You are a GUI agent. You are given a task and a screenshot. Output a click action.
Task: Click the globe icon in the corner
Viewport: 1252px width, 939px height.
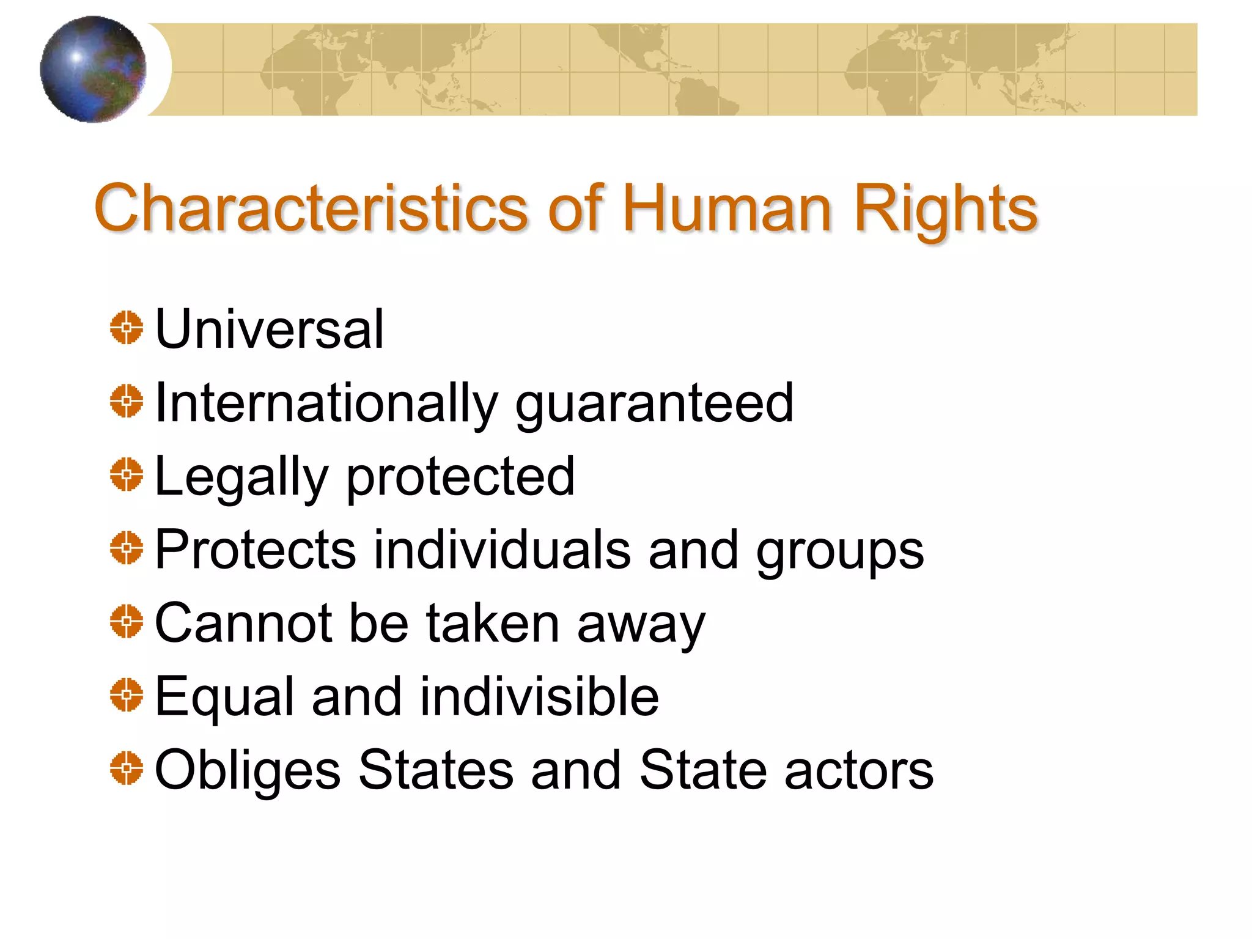click(93, 69)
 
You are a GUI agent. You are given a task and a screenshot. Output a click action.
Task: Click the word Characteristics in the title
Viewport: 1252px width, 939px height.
click(311, 209)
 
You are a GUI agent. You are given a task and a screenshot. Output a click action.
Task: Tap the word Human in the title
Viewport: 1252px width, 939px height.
click(727, 209)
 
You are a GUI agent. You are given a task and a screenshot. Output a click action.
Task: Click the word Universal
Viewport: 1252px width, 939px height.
click(270, 330)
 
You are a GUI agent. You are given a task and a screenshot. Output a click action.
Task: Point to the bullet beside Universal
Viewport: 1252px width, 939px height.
click(127, 328)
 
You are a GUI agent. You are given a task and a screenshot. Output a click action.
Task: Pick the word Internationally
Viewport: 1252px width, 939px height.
click(326, 403)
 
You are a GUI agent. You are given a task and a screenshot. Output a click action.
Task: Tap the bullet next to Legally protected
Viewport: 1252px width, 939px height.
click(127, 474)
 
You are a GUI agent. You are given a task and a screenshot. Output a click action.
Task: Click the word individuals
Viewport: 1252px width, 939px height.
click(502, 550)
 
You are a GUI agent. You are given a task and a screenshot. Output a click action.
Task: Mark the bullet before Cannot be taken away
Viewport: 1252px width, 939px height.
click(127, 621)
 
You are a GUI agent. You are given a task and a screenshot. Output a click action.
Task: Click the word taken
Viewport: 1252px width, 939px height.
click(493, 624)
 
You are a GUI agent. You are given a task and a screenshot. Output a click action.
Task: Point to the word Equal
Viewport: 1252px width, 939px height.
click(225, 698)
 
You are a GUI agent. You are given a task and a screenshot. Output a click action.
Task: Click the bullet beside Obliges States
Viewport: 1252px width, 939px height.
click(127, 768)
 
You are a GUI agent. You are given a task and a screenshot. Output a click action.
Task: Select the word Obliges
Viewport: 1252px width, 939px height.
click(248, 770)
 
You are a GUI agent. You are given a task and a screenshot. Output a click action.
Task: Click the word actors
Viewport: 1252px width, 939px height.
click(859, 770)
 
